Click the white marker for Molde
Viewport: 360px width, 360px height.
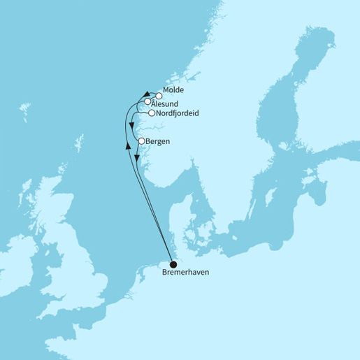[159, 96]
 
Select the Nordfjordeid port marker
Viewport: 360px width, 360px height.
[152, 113]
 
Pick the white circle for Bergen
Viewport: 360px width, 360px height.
[142, 141]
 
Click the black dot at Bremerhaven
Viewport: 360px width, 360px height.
[174, 264]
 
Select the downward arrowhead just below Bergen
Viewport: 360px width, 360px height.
[138, 159]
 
